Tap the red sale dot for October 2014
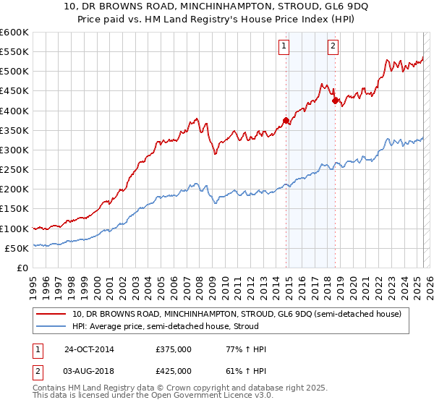coord(286,121)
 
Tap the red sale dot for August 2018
coord(335,101)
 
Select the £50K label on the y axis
coord(17,248)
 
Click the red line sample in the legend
coord(52,315)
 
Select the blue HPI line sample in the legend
coord(52,327)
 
